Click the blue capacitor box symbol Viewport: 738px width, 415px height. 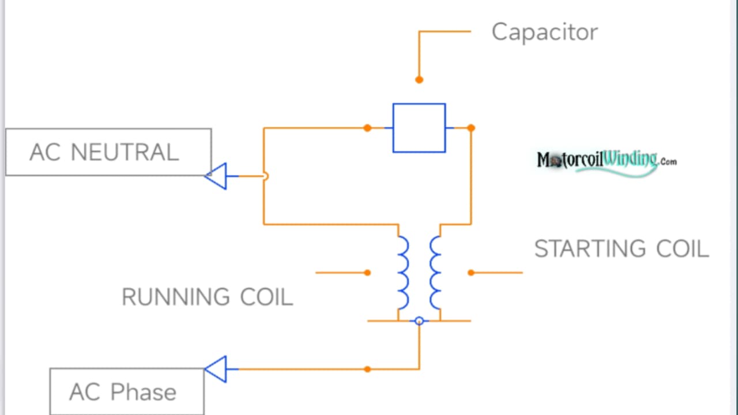coord(419,128)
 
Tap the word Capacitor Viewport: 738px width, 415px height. coord(544,32)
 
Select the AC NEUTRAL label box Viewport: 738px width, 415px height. coord(108,152)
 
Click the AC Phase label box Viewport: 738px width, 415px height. coord(127,392)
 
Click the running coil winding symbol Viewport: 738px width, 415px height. coord(403,272)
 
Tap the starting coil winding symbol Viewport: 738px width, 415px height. coord(435,272)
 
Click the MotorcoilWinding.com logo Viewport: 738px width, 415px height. coord(606,160)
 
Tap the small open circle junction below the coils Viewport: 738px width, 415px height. coord(419,321)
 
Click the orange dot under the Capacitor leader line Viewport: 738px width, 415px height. coord(419,80)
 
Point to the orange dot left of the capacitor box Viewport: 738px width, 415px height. coord(367,128)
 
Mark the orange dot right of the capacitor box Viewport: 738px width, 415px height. coord(471,128)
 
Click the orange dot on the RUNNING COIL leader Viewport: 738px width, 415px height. coord(367,273)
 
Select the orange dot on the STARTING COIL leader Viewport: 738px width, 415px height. coord(471,273)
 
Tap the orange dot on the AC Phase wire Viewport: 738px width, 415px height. coord(367,369)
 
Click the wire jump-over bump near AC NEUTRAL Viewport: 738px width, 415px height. coord(265,176)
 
